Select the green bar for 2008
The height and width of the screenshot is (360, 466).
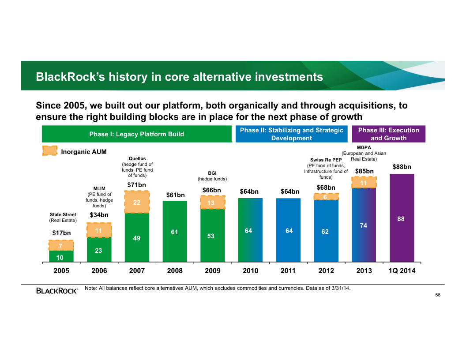175,231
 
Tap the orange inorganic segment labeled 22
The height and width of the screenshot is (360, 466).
137,202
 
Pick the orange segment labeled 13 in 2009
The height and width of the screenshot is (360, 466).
212,202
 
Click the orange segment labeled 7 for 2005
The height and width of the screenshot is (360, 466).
61,246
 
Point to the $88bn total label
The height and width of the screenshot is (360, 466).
402,167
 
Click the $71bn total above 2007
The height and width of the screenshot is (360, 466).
136,184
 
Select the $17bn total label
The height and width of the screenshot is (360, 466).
61,232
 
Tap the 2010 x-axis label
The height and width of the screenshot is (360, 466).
251,271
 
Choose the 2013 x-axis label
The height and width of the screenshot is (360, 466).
364,271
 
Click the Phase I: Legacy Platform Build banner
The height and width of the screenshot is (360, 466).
137,134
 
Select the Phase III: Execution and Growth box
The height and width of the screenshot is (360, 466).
388,134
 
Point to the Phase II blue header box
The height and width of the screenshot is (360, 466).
291,134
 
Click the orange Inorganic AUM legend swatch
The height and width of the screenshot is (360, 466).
50,151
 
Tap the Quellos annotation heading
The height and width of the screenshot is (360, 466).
137,158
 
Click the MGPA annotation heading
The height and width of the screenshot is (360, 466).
364,147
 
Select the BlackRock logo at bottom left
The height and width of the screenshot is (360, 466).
57,291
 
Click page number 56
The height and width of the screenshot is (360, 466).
438,295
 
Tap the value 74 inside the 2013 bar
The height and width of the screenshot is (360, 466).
364,225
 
